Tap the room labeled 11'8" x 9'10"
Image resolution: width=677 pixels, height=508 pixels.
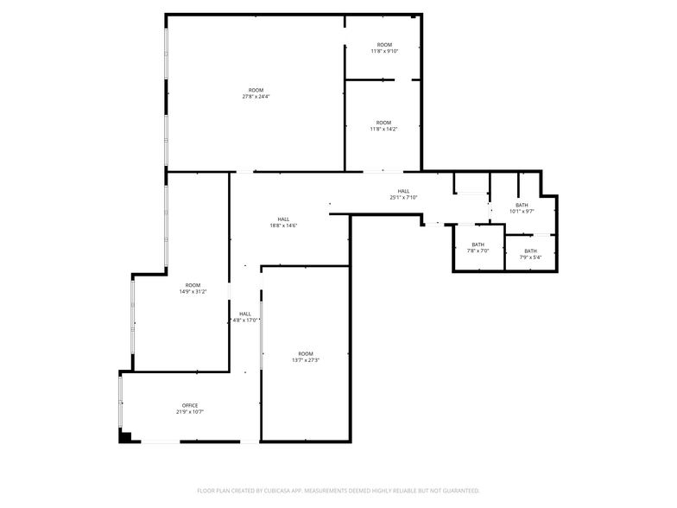pos(383,48)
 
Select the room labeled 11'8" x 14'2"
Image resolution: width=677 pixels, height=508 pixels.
pos(383,125)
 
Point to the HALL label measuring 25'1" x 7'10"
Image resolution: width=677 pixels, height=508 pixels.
pos(403,194)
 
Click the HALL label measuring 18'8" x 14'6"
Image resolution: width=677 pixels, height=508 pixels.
pos(284,222)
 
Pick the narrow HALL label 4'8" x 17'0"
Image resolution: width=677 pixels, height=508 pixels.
pos(245,317)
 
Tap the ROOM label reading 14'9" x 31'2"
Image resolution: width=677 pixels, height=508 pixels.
pos(192,289)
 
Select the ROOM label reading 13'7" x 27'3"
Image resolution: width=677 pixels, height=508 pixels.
pos(306,357)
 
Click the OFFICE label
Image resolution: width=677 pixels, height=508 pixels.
pos(190,405)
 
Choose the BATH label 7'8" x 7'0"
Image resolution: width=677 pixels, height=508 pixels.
pos(478,247)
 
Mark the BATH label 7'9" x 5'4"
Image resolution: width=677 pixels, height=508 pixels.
pos(530,254)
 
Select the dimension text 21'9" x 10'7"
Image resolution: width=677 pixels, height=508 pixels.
pos(190,412)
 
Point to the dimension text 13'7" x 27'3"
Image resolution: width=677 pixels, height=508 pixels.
pos(306,360)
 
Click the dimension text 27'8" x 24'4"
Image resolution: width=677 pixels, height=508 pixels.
pos(256,97)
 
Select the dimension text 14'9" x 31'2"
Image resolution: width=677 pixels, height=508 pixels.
pos(192,292)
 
